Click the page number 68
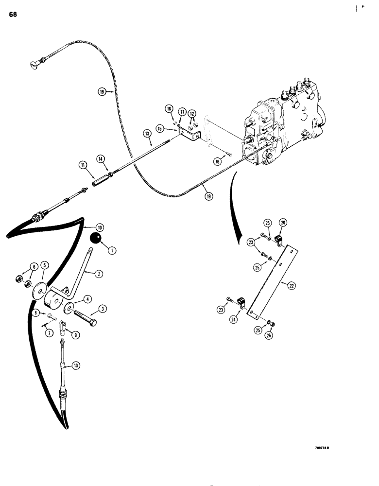coord(13,14)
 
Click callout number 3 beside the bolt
coord(103,309)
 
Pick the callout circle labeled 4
coord(88,298)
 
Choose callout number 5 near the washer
coord(44,265)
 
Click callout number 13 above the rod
coord(146,133)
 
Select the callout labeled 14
coord(100,158)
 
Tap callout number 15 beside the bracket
coord(159,128)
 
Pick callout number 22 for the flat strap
coord(292,286)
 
